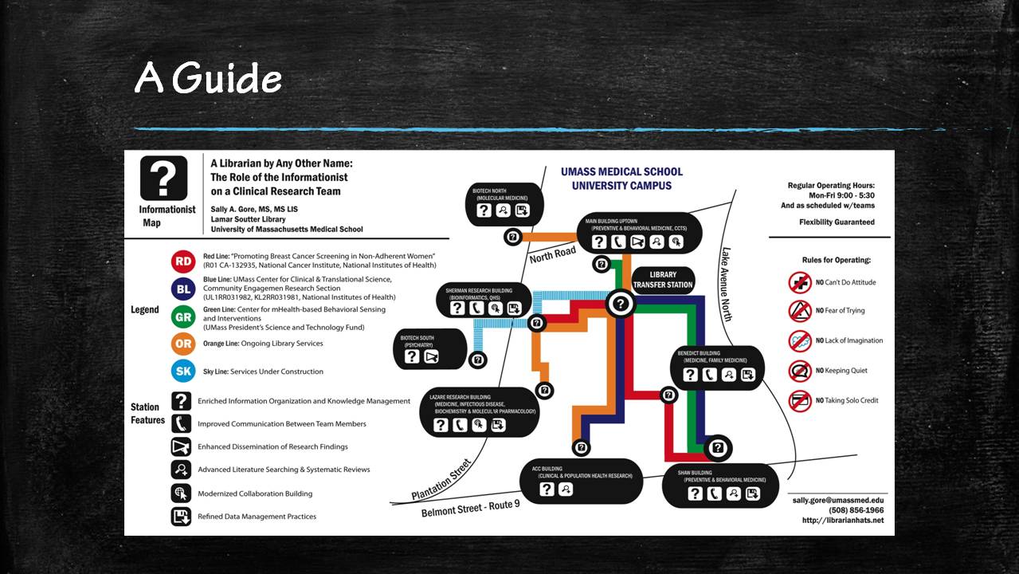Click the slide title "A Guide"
click(x=208, y=78)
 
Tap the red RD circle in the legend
click(x=183, y=261)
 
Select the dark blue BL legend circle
click(x=183, y=289)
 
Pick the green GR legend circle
click(x=183, y=316)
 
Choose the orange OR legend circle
click(x=183, y=344)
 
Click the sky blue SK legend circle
click(x=183, y=372)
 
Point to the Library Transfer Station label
click(x=663, y=280)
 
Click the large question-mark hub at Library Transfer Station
click(x=621, y=304)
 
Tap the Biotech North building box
click(x=504, y=204)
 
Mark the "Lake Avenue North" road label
click(x=727, y=284)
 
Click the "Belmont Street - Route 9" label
click(x=470, y=509)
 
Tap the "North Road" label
click(x=552, y=254)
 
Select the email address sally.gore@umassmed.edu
click(x=837, y=500)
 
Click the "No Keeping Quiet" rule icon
click(x=800, y=371)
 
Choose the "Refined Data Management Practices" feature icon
click(x=182, y=517)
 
